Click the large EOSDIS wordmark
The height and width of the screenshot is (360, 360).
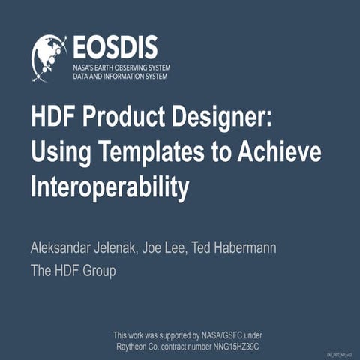(115, 46)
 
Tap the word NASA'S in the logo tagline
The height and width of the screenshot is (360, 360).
(85, 67)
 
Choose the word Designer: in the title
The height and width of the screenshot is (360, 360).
(214, 118)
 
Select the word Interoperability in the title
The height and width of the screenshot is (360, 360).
(109, 187)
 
